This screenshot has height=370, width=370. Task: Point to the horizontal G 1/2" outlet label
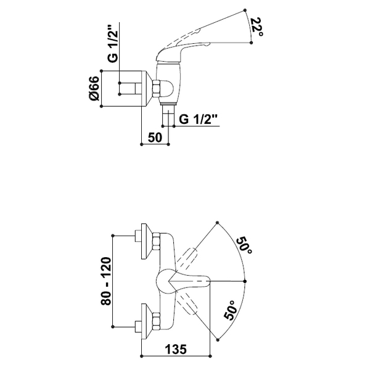200,120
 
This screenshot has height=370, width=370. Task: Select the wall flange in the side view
147,88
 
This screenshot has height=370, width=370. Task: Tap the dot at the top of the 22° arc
245,10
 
